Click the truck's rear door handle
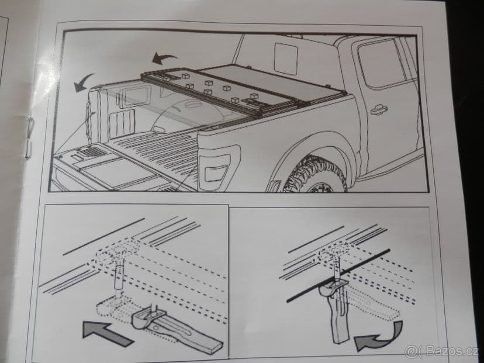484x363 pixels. pyautogui.click(x=378, y=109)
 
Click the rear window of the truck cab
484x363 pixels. pyautogui.click(x=286, y=58)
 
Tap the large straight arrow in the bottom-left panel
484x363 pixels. pyautogui.click(x=108, y=333)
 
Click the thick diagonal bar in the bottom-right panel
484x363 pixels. pyautogui.click(x=339, y=275)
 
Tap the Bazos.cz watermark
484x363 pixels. pyautogui.click(x=443, y=351)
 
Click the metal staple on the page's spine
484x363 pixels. pyautogui.click(x=29, y=136)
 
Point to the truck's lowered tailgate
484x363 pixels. pyautogui.click(x=105, y=170)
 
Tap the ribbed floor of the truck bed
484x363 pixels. pyautogui.click(x=158, y=152)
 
